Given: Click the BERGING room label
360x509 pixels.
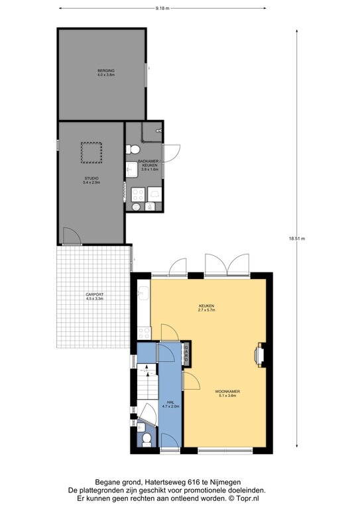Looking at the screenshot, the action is [106, 70].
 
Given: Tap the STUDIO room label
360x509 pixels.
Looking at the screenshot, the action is [91, 178].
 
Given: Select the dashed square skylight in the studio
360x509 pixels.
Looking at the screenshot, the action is [91, 152].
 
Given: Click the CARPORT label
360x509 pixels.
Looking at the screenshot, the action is [95, 294].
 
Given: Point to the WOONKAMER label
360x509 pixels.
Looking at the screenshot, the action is [227, 392].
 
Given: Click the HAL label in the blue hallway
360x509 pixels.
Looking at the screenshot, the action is [171, 402].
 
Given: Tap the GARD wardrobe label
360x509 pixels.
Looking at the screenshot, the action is [186, 354].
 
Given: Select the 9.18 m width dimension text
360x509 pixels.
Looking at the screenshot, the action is [162, 9].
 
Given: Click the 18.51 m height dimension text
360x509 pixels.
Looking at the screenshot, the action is [297, 239].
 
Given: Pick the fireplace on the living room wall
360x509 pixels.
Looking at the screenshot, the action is [261, 355].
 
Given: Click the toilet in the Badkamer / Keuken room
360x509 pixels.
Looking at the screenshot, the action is [133, 149].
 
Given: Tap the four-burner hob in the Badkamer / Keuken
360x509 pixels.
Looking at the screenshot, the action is [138, 194].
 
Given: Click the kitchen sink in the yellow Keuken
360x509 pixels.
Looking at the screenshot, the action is [143, 293].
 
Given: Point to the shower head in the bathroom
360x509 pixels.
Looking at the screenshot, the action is [158, 131].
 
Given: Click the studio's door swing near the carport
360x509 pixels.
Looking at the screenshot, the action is [72, 236].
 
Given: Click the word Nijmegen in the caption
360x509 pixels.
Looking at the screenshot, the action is [228, 482].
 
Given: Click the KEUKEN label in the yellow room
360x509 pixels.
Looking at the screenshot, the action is [207, 306].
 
